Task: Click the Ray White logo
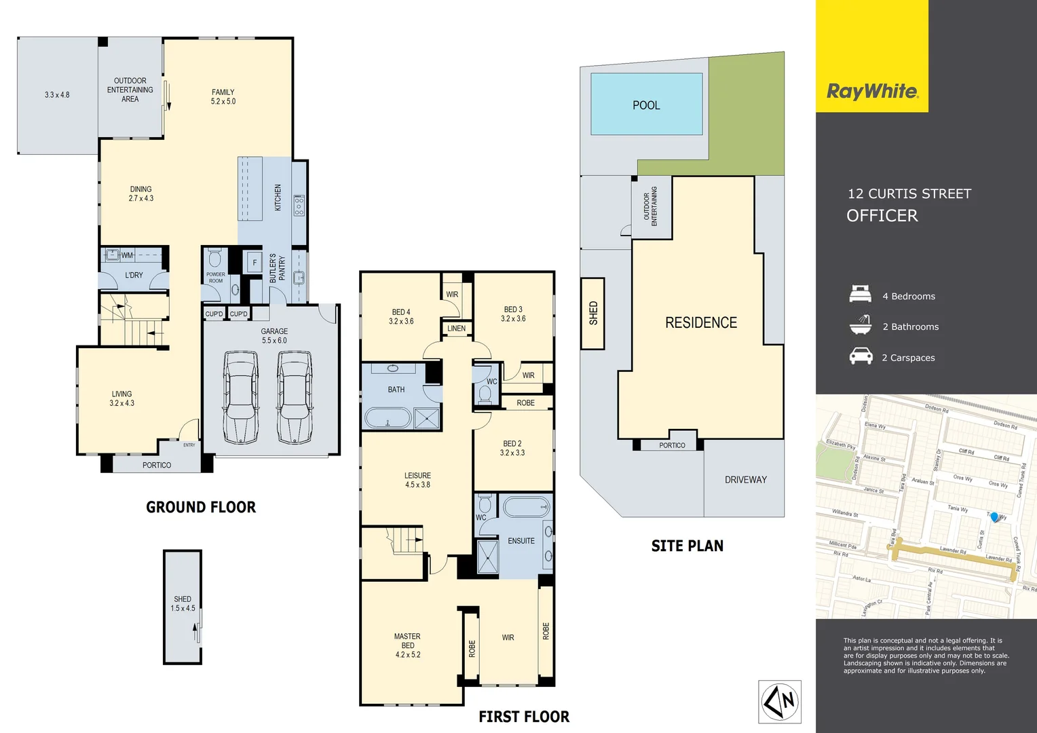[872, 92]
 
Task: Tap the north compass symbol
[780, 702]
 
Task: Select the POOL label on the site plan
[646, 105]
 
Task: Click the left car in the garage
[240, 398]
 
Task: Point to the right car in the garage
[295, 398]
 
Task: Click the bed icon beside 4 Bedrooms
[861, 295]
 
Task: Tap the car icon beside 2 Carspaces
[861, 356]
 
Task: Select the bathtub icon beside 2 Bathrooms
[861, 325]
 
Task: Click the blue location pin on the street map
[994, 517]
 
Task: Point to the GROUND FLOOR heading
[201, 507]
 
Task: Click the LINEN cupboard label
[457, 328]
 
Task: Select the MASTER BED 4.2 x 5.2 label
[408, 645]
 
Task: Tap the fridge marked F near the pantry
[254, 263]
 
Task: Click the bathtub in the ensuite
[526, 507]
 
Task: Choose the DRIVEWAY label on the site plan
[745, 480]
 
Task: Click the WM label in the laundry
[128, 255]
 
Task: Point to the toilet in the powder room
[215, 259]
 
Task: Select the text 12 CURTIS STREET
[909, 194]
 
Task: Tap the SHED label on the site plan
[593, 313]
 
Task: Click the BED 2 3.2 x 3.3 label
[512, 448]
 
